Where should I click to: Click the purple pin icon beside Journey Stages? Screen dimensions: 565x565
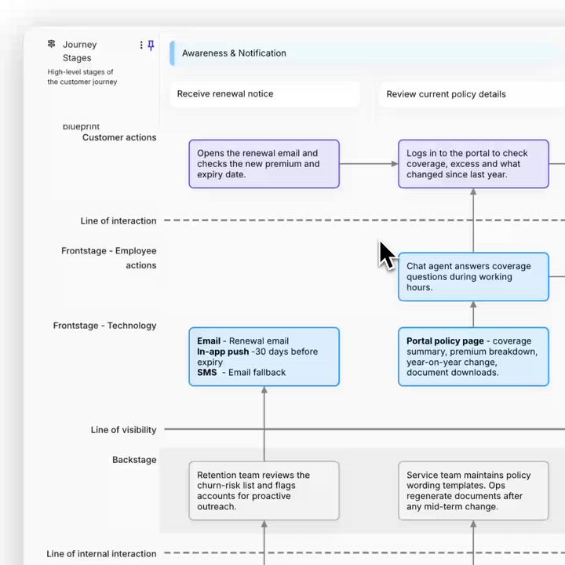tap(151, 45)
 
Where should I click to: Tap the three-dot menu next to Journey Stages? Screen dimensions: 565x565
tap(141, 45)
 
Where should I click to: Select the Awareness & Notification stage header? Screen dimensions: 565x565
tap(234, 53)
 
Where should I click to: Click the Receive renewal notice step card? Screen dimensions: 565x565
tap(265, 94)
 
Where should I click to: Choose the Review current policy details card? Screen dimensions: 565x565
tap(472, 94)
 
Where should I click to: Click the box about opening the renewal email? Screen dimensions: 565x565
tap(264, 164)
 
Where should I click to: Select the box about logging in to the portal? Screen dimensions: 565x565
tap(473, 164)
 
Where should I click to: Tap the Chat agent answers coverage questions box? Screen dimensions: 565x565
tap(473, 277)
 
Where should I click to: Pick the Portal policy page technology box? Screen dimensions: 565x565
tap(473, 357)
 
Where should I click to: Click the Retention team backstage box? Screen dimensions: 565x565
tap(264, 490)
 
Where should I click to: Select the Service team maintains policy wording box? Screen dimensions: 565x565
tap(473, 490)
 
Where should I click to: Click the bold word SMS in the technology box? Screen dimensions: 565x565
tap(207, 373)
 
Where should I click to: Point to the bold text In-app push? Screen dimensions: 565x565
tap(223, 352)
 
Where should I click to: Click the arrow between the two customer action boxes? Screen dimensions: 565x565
tap(369, 164)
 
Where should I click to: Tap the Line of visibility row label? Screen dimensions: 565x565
tap(124, 430)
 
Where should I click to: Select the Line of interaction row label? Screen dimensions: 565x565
tap(118, 221)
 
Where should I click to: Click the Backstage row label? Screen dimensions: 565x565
tap(134, 460)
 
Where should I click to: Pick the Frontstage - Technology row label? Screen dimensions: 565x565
tap(105, 326)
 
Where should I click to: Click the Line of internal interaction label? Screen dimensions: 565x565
tap(101, 554)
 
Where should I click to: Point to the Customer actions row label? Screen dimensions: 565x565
tap(119, 137)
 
